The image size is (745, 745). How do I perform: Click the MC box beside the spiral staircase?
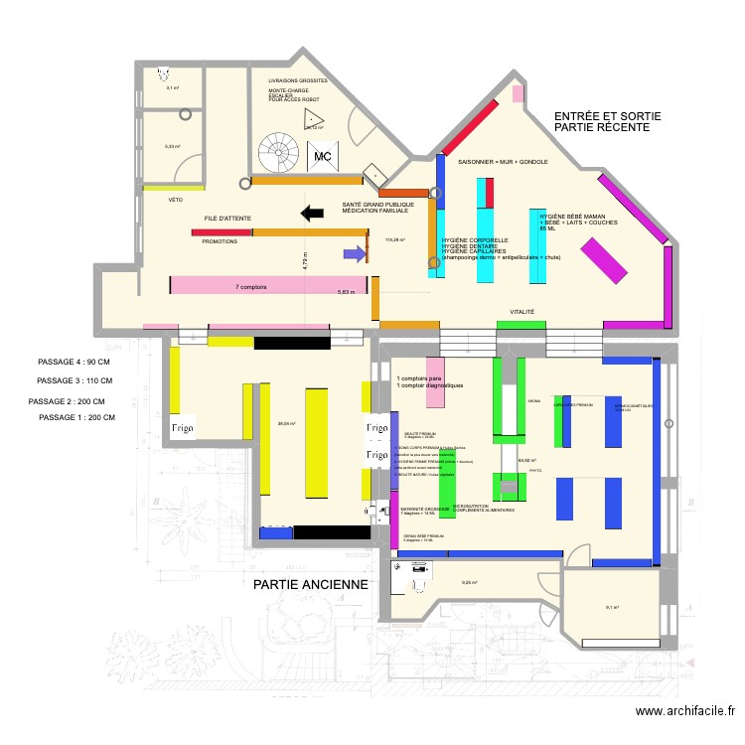(x=323, y=157)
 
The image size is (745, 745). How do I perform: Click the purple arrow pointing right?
(x=354, y=254)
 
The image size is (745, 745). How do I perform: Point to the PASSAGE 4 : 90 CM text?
(x=74, y=363)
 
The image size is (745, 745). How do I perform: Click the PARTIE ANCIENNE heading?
(x=311, y=585)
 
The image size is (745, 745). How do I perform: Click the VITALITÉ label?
(x=522, y=312)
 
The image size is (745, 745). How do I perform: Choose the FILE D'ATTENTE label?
(x=227, y=218)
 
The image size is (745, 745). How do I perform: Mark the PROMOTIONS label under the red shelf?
(x=220, y=241)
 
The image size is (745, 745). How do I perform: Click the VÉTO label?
(x=176, y=200)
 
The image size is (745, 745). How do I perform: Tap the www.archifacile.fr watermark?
(x=684, y=711)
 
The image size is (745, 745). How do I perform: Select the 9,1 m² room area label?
(x=612, y=608)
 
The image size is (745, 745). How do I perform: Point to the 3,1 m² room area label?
(x=172, y=88)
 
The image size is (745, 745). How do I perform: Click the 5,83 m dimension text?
(x=346, y=292)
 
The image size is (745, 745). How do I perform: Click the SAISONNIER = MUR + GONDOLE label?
(x=503, y=161)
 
